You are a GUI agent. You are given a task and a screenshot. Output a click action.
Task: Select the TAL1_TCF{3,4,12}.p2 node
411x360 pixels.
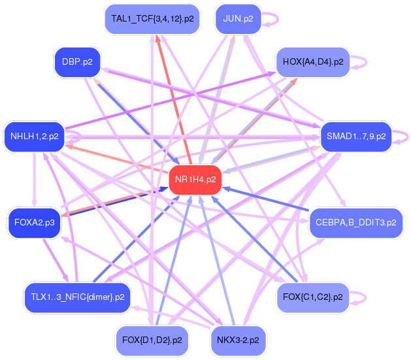pyautogui.click(x=152, y=19)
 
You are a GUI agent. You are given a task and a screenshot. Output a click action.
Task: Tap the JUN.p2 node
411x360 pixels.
pyautogui.click(x=238, y=19)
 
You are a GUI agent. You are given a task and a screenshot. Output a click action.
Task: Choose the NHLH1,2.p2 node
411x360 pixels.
pyautogui.click(x=35, y=137)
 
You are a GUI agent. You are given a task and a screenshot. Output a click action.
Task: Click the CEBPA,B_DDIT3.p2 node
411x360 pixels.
pyautogui.click(x=355, y=223)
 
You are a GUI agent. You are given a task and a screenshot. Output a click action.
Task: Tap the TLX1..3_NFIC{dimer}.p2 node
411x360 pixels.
pyautogui.click(x=76, y=297)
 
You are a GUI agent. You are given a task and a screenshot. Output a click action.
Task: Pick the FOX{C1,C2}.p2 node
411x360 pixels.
pyautogui.click(x=313, y=297)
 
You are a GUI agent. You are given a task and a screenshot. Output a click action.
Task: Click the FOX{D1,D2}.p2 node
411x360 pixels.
pyautogui.click(x=152, y=340)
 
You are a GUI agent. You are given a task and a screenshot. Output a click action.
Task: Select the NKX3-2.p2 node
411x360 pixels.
pyautogui.click(x=238, y=340)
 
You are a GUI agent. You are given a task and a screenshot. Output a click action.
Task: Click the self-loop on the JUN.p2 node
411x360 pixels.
pyautogui.click(x=273, y=19)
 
